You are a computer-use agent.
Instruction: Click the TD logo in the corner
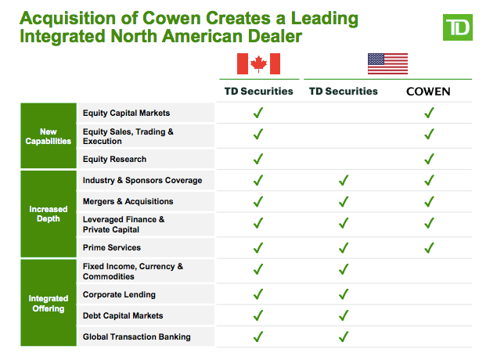457,27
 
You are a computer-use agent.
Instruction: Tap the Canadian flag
258,63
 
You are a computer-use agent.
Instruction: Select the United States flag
387,63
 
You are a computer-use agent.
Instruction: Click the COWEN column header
428,92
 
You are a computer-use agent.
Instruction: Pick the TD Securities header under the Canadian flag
258,92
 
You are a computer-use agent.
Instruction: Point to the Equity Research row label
114,159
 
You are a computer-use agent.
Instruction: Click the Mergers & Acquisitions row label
128,202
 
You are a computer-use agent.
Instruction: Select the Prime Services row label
112,247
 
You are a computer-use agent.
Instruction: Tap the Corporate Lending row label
119,294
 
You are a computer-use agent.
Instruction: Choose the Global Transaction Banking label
137,337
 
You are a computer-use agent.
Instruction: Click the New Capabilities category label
49,136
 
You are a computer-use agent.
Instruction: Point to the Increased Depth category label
49,214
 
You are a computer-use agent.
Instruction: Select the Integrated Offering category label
49,304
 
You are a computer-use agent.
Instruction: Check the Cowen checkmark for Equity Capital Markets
429,113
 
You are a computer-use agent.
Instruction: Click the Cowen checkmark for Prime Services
429,247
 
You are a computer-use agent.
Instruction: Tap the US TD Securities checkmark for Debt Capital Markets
344,315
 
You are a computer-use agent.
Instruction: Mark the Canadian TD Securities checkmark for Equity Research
258,159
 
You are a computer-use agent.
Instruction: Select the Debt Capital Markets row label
123,315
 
